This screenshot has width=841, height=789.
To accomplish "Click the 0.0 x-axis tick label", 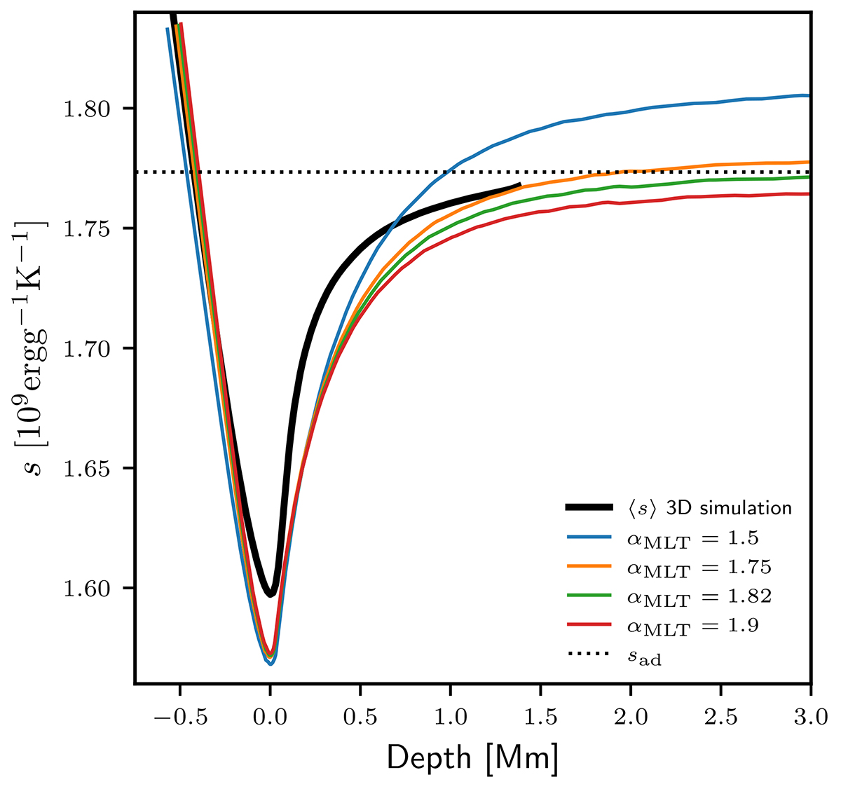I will [x=271, y=716].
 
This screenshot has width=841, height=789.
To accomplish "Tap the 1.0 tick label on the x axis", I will [x=451, y=716].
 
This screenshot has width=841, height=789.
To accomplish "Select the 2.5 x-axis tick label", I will [x=720, y=716].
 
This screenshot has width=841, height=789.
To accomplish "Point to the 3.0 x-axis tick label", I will [x=809, y=716].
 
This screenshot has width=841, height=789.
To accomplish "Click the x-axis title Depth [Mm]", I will [x=472, y=759].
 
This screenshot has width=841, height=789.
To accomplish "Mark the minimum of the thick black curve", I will [x=271, y=594].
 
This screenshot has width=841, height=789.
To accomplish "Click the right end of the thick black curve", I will [x=519, y=185].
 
